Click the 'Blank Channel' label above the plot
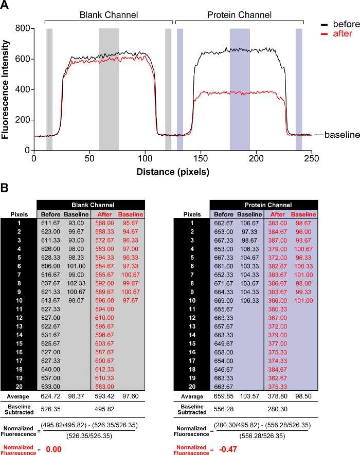pyautogui.click(x=109, y=15)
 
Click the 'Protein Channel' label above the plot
pyautogui.click(x=239, y=15)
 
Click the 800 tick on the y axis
pyautogui.click(x=21, y=29)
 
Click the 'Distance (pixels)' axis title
pyautogui.click(x=173, y=172)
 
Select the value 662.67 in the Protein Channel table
pyautogui.click(x=223, y=223)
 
